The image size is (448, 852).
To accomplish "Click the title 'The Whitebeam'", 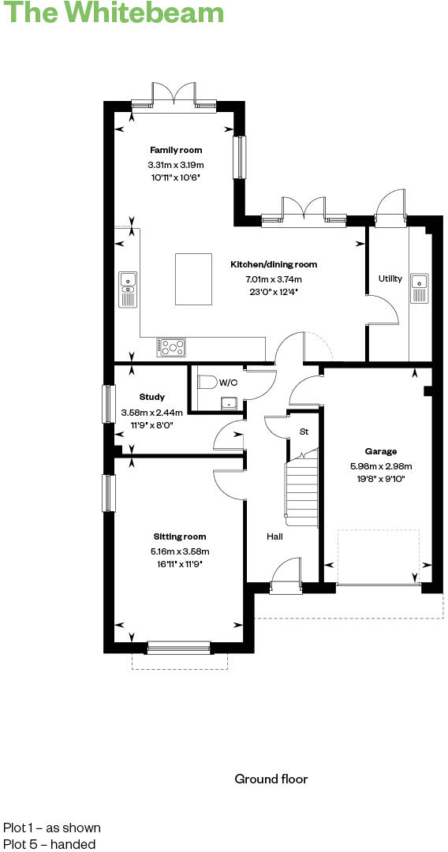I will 112,13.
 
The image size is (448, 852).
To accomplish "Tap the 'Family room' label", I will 176,150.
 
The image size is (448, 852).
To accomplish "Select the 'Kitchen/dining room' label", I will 273,265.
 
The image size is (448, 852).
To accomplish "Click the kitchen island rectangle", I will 194,278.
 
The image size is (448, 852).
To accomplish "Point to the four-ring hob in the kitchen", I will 173,346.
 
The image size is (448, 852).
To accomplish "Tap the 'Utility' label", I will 390,278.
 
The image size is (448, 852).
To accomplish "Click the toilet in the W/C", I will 207,383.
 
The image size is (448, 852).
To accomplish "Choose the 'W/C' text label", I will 228,383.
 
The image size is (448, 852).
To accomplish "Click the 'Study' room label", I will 151,397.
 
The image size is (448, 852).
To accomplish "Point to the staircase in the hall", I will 301,489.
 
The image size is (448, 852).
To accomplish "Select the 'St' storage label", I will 304,432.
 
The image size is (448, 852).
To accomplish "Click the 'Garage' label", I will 380,451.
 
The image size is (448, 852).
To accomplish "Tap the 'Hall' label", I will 274,536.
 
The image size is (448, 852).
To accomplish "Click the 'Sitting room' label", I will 180,536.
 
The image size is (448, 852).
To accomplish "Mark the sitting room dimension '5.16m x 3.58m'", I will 180,551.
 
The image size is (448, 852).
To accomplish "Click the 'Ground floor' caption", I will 271,779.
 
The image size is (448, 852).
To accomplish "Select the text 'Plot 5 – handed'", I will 49,844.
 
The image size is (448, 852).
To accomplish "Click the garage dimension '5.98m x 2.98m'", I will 381,465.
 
